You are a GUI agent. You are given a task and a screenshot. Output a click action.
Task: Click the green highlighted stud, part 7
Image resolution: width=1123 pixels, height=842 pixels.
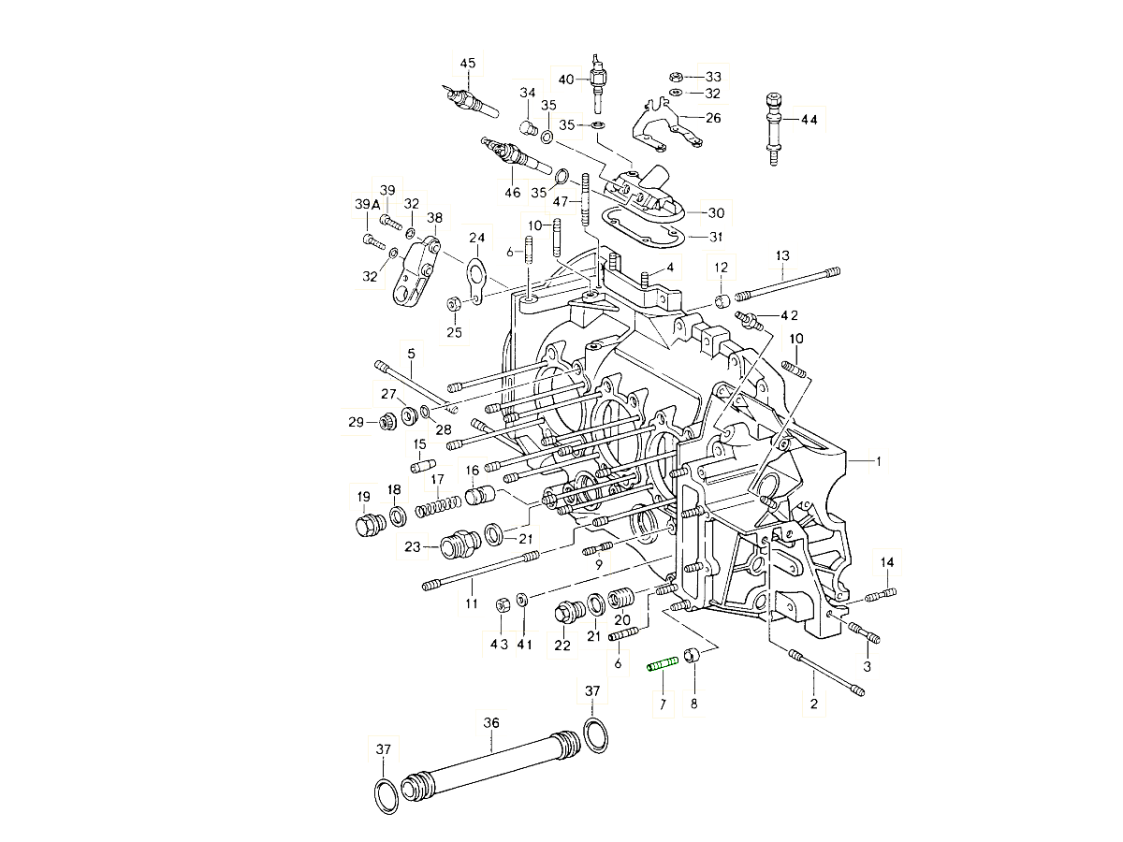[x=663, y=665]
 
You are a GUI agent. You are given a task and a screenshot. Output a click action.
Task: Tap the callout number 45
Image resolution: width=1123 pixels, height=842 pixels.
[x=468, y=64]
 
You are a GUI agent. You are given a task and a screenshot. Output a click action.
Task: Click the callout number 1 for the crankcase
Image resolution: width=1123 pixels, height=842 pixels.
[x=879, y=460]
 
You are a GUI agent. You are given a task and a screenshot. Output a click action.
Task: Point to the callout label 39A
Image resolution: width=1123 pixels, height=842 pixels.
[x=367, y=205]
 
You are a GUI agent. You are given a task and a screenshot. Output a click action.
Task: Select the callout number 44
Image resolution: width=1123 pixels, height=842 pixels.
[x=808, y=120]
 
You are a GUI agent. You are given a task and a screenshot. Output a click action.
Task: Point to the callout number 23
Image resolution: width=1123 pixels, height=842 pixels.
[x=414, y=547]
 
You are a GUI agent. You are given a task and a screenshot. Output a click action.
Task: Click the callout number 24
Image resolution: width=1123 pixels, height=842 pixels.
[x=477, y=238]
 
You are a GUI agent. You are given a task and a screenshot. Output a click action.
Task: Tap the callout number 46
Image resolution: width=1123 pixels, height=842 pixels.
[x=511, y=194]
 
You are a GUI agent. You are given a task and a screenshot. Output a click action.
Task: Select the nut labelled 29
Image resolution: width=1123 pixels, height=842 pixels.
[x=386, y=423]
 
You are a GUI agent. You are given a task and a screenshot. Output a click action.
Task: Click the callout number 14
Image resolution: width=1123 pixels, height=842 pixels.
[x=887, y=561]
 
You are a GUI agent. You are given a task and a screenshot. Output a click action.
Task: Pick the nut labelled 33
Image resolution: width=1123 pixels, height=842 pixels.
[x=676, y=76]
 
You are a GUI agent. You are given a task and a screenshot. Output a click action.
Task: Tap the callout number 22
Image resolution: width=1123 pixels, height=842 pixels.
[x=561, y=645]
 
